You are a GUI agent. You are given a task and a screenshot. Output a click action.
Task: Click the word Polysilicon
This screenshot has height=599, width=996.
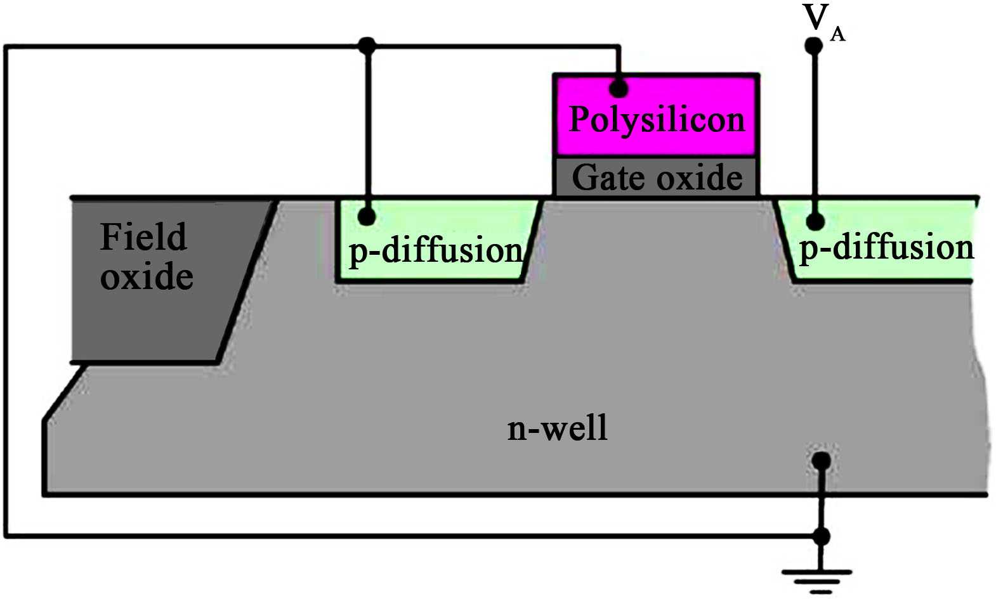click(x=657, y=120)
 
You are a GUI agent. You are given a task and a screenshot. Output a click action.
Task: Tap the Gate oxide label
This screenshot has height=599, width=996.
click(x=657, y=177)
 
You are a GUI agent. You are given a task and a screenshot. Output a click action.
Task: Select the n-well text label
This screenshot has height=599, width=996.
click(x=557, y=428)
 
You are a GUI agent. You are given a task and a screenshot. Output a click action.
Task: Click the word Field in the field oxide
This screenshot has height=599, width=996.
click(x=143, y=237)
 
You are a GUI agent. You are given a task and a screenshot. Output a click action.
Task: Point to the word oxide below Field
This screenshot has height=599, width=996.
click(x=147, y=277)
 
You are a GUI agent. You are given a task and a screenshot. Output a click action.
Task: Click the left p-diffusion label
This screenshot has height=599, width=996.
click(x=435, y=250)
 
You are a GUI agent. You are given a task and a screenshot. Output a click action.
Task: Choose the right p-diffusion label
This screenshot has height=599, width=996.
click(x=886, y=247)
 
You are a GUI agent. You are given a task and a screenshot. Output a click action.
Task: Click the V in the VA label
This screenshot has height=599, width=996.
click(x=816, y=17)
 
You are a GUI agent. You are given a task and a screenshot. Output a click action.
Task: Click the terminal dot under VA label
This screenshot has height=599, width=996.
click(x=814, y=46)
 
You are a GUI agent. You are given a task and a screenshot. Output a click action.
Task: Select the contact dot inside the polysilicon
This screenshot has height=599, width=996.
click(x=619, y=88)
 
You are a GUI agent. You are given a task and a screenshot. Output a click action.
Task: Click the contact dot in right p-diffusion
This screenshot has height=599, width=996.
click(x=815, y=222)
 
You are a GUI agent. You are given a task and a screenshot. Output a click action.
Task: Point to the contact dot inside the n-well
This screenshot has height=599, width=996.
click(x=822, y=461)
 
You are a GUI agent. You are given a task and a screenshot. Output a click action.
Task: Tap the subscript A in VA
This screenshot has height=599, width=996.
click(x=837, y=34)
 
